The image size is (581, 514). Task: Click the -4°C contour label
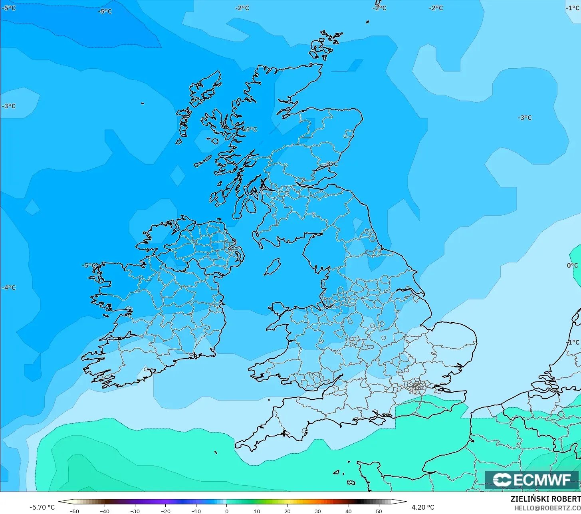[9, 288]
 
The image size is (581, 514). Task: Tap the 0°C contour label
[572, 266]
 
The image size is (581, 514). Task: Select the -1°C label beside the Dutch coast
[572, 342]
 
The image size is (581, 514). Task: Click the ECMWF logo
[531, 480]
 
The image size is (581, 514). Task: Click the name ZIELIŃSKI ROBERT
[545, 499]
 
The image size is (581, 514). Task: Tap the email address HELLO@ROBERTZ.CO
[547, 508]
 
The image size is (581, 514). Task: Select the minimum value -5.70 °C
[42, 507]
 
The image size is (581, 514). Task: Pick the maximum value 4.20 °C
[423, 507]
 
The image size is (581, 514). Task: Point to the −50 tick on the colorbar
[74, 511]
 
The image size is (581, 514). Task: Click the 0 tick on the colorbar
[226, 511]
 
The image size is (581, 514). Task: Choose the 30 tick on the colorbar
[318, 511]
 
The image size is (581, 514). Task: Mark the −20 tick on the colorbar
[165, 511]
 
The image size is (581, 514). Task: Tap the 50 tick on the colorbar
[379, 511]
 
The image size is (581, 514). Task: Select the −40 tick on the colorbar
[104, 511]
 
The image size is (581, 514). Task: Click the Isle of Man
[272, 267]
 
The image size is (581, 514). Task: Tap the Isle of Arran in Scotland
[250, 206]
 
